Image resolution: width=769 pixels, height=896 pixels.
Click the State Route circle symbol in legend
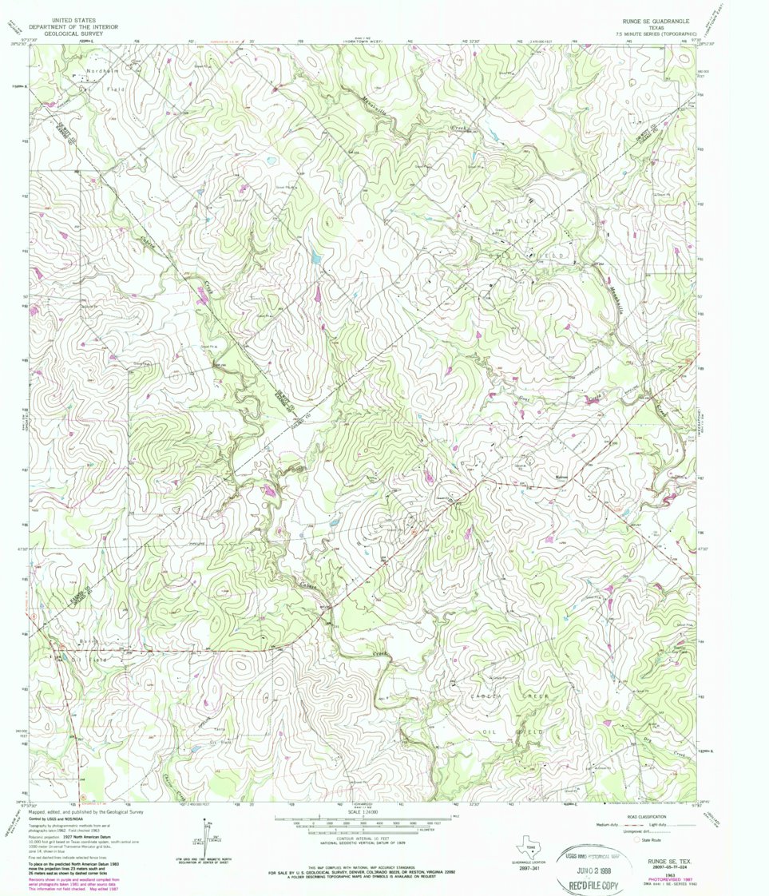[x=636, y=840]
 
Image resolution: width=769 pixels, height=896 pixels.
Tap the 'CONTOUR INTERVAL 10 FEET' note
[x=371, y=838]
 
